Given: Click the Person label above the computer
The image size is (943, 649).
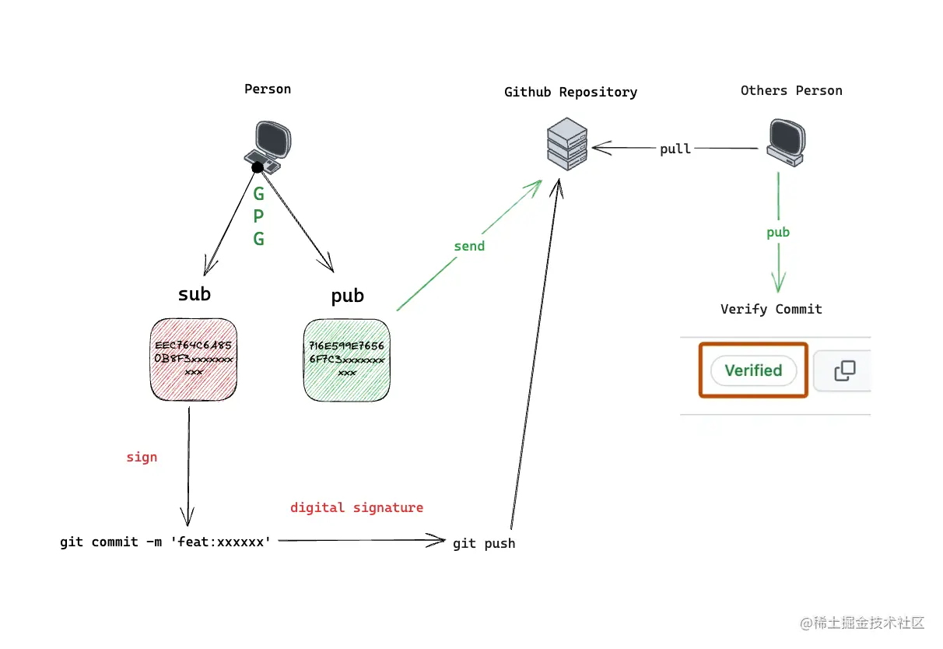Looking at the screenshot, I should point(268,89).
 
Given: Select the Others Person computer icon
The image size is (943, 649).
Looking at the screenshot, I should point(783,142).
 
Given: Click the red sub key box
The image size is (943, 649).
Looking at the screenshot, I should point(194,360).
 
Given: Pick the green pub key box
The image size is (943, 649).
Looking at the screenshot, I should point(346,360).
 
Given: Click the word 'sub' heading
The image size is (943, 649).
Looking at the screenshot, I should point(195,294).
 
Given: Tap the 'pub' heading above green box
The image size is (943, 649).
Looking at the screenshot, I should point(347,296).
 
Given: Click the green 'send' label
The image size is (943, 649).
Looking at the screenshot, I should point(469,246).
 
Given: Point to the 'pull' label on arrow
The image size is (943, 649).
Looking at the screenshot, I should point(675,149).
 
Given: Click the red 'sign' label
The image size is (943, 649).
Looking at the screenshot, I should point(142,457).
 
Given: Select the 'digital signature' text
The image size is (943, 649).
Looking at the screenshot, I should point(356,507).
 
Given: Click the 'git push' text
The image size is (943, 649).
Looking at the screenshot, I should point(484,543).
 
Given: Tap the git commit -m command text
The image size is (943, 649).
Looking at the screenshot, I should point(166,542).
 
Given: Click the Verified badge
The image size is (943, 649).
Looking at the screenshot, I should point(752,370).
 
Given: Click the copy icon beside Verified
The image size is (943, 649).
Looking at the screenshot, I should point(844,370).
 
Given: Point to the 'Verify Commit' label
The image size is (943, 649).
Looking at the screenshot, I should point(771,309).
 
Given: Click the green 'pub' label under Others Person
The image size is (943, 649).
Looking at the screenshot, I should point(778,232).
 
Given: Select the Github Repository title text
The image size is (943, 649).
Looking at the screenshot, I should point(570,92).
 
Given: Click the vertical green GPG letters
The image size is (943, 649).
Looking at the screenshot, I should point(259,216).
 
